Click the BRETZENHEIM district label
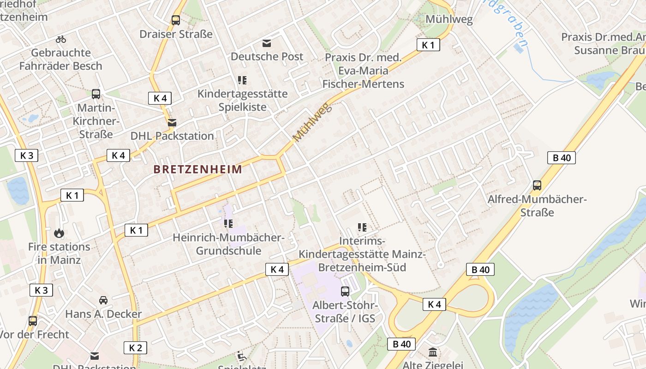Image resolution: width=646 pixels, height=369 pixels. pos(197,169)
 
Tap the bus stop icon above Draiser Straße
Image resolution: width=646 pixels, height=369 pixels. pos(175,20)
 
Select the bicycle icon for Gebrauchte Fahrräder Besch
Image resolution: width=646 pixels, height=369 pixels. pos(60,39)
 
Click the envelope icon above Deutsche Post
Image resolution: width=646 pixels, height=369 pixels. pos(267,43)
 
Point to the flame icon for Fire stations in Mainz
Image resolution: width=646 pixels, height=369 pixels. pos(59,233)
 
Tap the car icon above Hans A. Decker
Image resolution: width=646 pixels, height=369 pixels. pos(103,300)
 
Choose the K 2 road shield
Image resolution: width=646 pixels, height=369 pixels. pos(135,348)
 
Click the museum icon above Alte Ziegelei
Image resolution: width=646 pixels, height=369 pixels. pos(433,352)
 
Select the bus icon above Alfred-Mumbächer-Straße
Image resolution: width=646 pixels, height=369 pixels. pos(537,185)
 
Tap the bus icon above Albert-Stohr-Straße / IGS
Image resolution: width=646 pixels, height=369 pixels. pos(345,291)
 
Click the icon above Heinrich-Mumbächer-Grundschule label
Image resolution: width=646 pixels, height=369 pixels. pos(228,224)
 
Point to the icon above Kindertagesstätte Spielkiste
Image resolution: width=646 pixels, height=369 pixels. pos(242,80)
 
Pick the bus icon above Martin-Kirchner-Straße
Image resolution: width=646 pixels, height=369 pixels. pos(96,94)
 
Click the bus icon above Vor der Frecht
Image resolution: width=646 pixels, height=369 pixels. pos(32,321)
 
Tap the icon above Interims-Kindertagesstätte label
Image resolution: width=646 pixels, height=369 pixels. pos(362,227)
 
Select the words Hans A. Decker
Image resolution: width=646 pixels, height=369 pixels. pos(103,315)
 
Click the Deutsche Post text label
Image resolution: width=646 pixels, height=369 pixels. pos(267,57)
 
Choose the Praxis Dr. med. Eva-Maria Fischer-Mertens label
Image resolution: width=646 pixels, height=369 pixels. pos(363,71)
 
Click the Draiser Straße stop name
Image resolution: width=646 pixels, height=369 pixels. pos(176,34)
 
